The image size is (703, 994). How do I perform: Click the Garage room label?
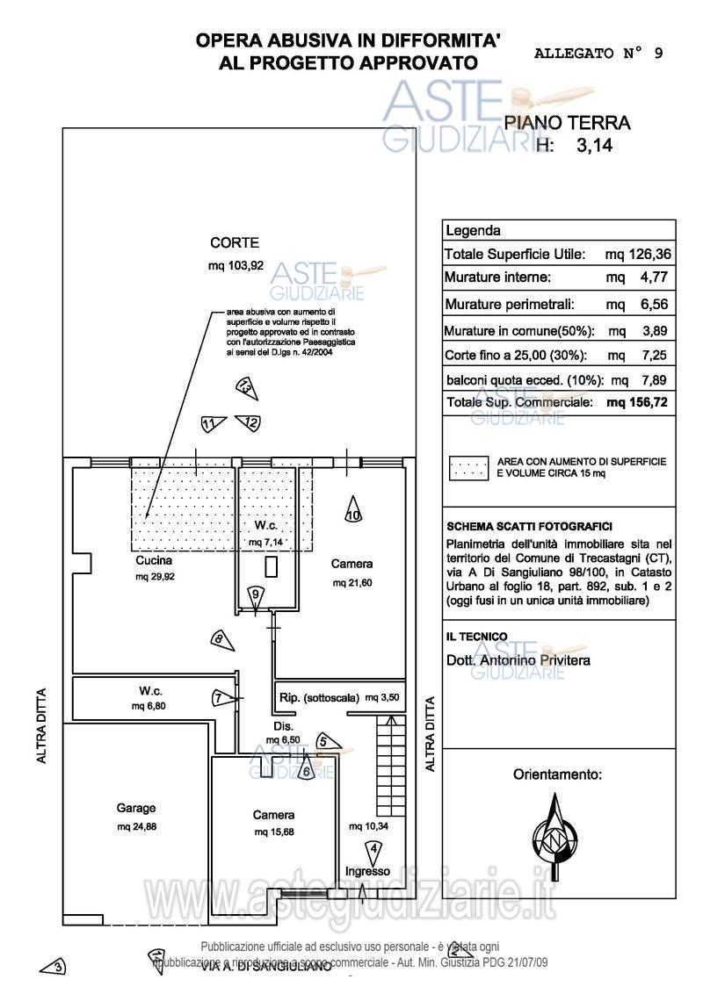[x=136, y=808]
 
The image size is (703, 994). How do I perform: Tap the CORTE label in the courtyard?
[x=235, y=243]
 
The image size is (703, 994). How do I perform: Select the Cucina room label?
[x=154, y=559]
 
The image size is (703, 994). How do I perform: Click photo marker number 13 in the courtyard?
[x=245, y=386]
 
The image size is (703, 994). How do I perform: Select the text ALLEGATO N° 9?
[x=598, y=53]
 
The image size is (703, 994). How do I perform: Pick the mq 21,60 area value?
[x=351, y=583]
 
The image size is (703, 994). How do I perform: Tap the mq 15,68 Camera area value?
[x=273, y=832]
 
